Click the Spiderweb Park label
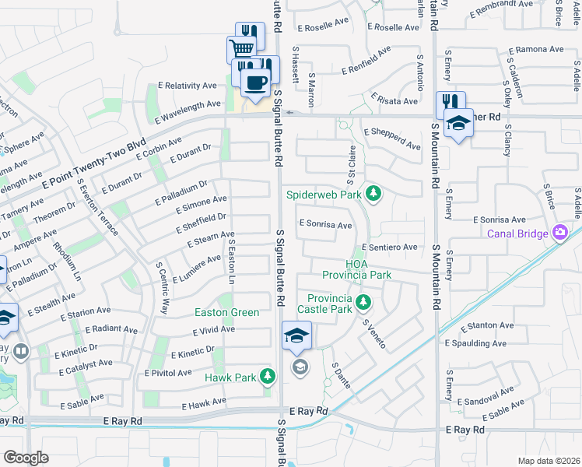point(324,194)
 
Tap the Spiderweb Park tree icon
point(373,193)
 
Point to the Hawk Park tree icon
point(268,377)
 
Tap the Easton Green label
point(226,312)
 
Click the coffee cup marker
point(255,81)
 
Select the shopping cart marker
point(241,49)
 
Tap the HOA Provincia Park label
point(357,269)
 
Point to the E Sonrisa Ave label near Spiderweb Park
point(326,225)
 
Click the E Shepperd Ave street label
point(391,139)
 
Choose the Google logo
point(26,458)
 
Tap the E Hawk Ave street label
point(204,403)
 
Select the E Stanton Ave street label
point(489,326)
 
